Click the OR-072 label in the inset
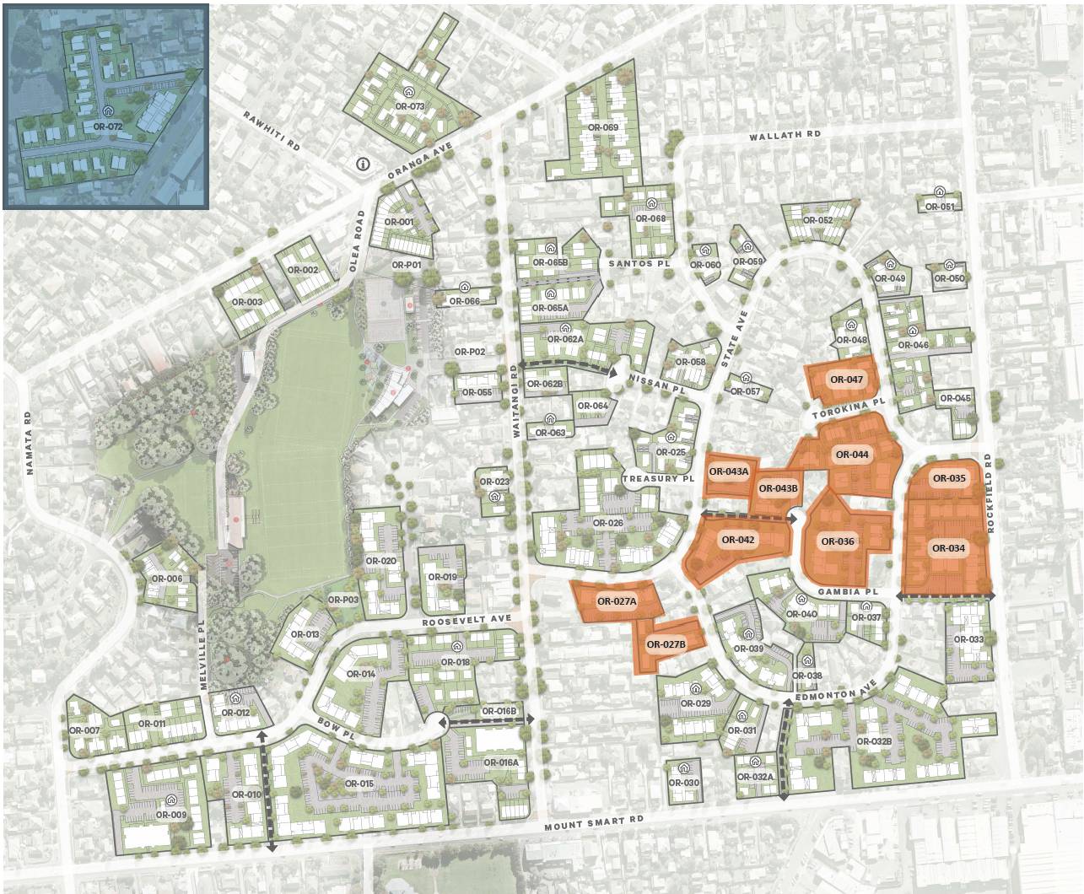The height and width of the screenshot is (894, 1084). click(x=108, y=127)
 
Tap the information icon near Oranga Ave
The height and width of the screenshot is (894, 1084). click(x=364, y=164)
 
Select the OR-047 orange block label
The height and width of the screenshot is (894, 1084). click(x=846, y=380)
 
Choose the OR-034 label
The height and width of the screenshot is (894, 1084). click(x=948, y=548)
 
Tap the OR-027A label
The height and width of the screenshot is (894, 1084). click(x=616, y=601)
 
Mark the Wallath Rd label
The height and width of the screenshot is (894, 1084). click(x=785, y=135)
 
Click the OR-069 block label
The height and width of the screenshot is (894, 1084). click(x=603, y=127)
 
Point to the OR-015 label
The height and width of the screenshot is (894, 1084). click(x=359, y=784)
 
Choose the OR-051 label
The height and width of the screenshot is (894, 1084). click(x=940, y=207)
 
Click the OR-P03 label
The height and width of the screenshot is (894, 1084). click(x=344, y=600)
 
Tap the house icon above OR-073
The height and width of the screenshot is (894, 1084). click(x=409, y=93)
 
